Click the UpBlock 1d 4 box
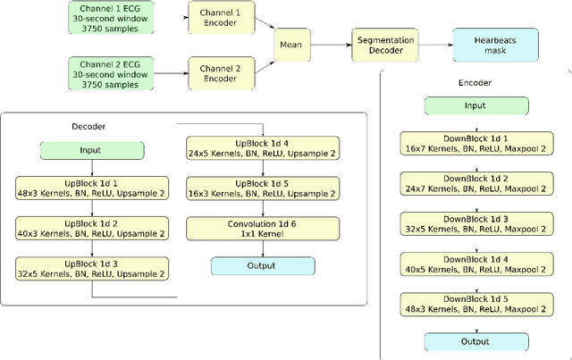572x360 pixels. point(263,147)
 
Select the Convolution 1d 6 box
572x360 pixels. point(263,229)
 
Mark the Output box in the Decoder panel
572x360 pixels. point(263,265)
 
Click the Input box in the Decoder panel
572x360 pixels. point(90,151)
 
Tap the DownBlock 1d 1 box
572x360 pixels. point(475,145)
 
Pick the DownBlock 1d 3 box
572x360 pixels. point(475,224)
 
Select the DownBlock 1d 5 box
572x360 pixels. point(475,304)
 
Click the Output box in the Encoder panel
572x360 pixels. point(475,341)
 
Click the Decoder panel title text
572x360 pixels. point(90,126)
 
